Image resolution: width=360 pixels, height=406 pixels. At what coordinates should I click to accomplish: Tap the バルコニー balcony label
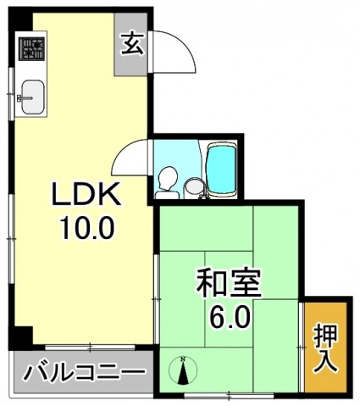coord(83,372)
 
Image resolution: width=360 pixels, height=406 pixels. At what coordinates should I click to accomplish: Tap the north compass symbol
coord(186,370)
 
